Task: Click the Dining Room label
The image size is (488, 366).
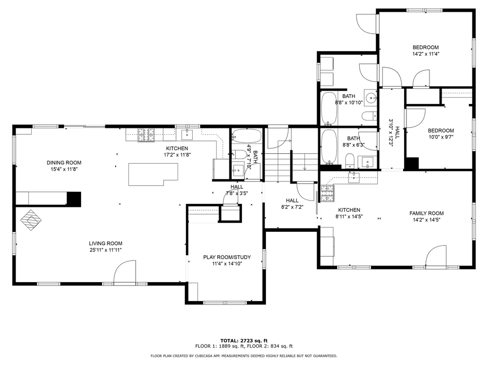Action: coord(64,163)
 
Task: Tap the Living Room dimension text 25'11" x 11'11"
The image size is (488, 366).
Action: coord(105,250)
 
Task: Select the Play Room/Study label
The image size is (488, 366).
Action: coord(227,257)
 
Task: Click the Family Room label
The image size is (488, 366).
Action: coord(427,213)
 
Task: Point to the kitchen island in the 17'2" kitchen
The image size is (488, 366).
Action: coord(153,174)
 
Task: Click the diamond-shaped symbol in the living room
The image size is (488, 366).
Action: coord(31,220)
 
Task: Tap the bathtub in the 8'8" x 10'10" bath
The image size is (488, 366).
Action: coord(328,108)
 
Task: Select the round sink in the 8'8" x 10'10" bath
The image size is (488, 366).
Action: coord(371,98)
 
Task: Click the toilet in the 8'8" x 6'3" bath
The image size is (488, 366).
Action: coord(350,160)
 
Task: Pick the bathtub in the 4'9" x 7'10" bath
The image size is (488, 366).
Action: coord(246,136)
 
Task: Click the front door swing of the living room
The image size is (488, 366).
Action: coord(125,272)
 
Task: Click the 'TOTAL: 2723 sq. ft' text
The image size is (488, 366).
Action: coord(244,341)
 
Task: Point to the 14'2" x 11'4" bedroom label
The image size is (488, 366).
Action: coord(426,50)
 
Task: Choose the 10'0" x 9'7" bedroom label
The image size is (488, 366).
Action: coord(441,134)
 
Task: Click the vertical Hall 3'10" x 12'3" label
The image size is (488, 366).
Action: coord(394,133)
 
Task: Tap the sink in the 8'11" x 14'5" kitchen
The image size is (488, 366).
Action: coord(354,178)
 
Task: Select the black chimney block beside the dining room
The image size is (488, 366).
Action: coord(74,199)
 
